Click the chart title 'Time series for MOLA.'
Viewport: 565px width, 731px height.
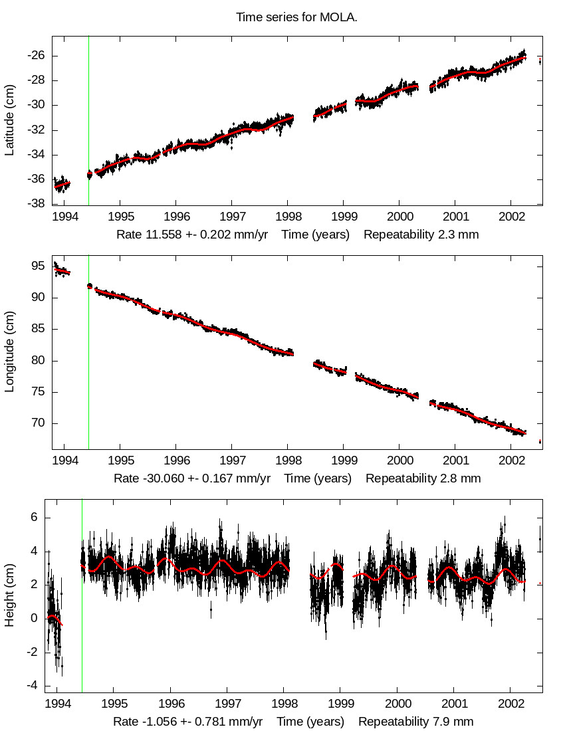point(296,17)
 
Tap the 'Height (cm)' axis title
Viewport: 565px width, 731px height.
point(10,595)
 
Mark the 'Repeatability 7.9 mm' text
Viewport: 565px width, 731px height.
point(416,721)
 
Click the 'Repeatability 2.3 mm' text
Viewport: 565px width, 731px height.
point(421,234)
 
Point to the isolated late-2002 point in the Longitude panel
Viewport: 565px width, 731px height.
point(540,441)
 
